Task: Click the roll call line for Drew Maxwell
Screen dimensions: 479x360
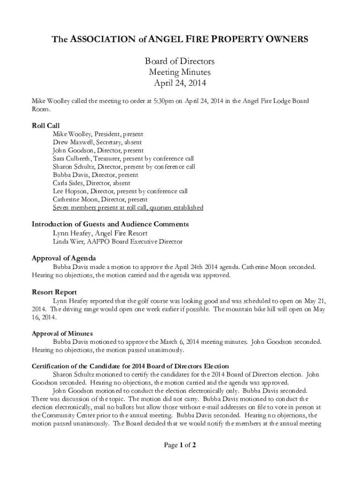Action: (x=97, y=142)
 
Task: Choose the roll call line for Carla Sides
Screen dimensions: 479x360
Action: (x=92, y=183)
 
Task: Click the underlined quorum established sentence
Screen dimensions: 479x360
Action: (x=128, y=208)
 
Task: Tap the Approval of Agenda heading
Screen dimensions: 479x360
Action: (x=64, y=258)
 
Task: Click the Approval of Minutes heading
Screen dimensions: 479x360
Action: (x=62, y=334)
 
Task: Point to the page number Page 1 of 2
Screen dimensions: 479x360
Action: (x=180, y=445)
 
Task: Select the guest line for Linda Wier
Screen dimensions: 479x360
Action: (x=117, y=241)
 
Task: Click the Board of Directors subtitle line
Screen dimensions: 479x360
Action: (x=180, y=62)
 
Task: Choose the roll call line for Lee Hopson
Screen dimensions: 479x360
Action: (x=120, y=191)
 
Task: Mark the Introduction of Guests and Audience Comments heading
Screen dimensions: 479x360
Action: (x=110, y=224)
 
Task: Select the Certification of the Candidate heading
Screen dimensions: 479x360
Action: (x=130, y=366)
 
